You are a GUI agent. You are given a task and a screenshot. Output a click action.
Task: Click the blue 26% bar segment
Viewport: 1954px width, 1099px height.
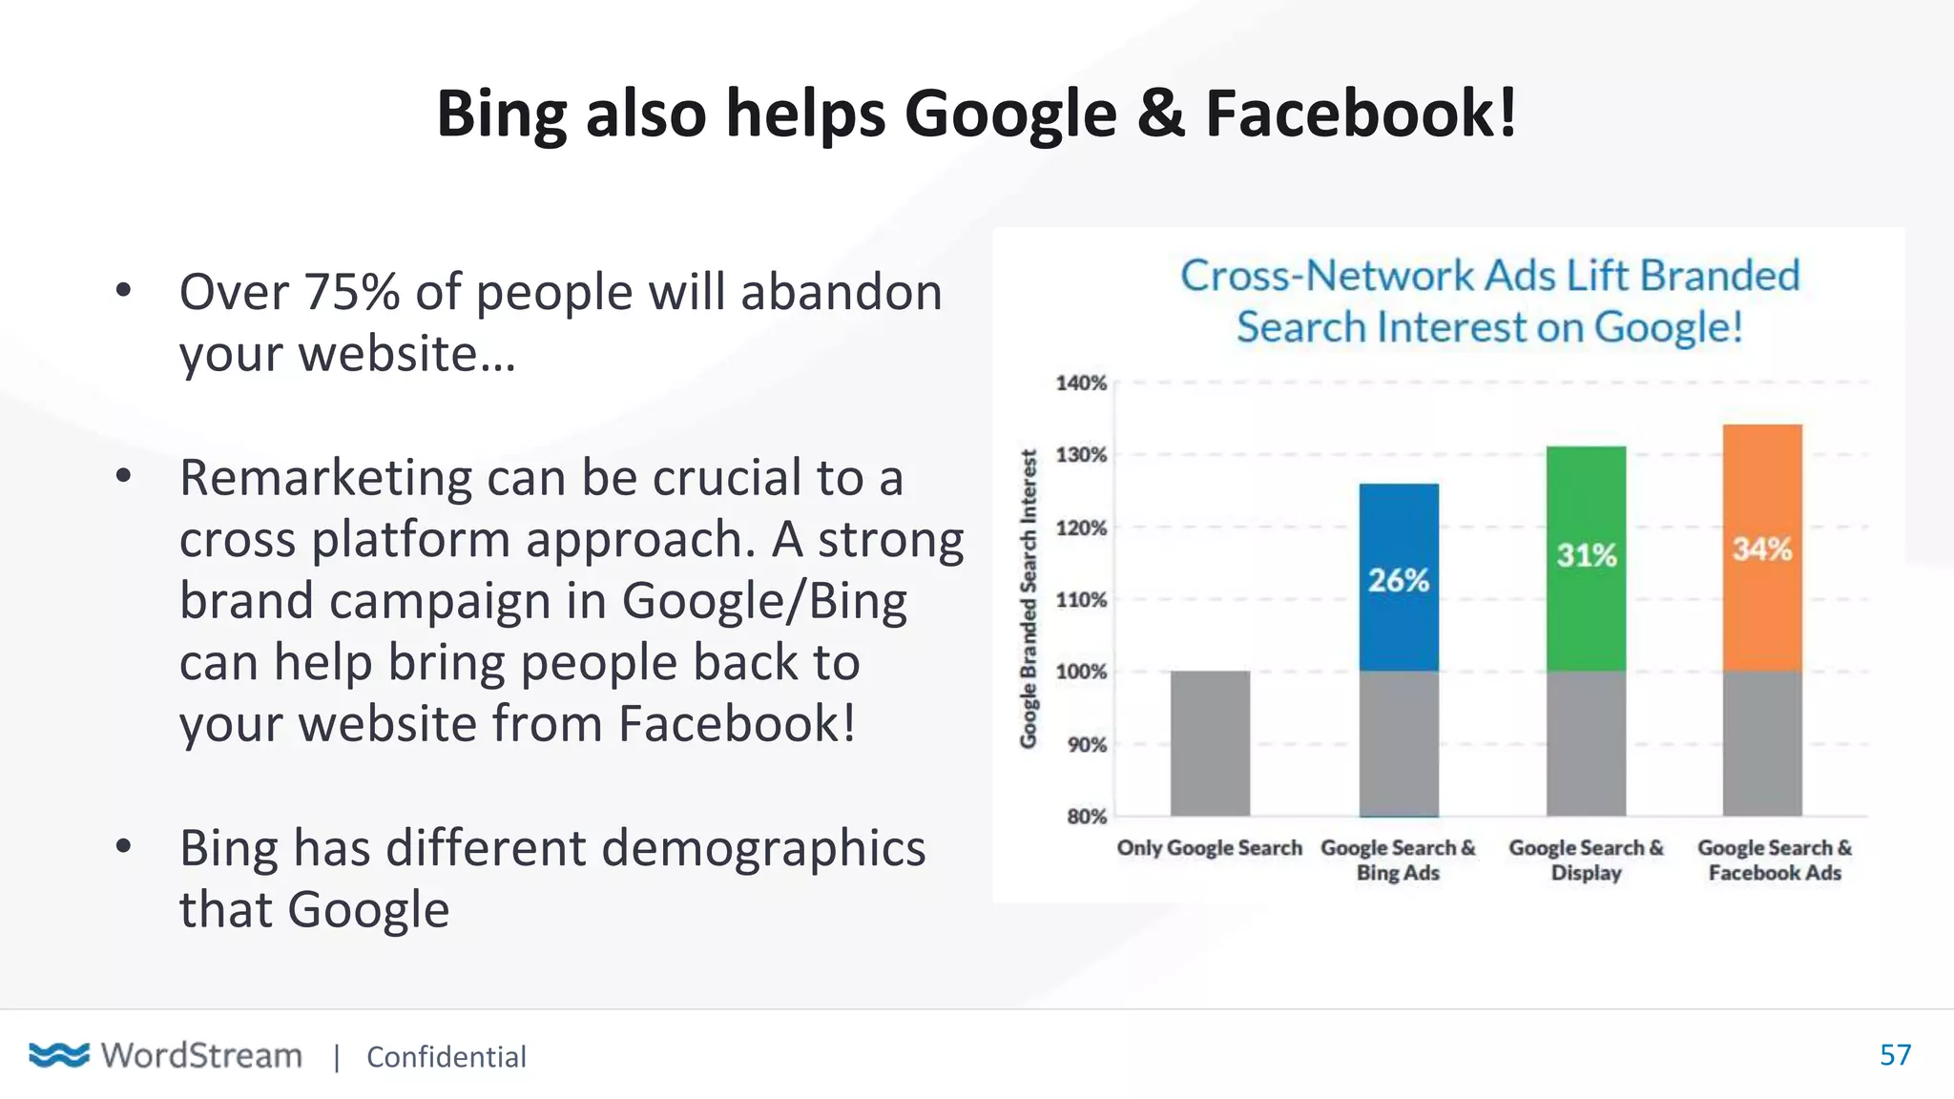1399,577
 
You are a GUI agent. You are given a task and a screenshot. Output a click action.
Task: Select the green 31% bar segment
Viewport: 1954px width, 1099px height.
1586,558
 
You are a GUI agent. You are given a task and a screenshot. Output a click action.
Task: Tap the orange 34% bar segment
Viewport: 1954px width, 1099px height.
1762,548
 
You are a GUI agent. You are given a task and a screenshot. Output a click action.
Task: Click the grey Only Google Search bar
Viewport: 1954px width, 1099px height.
1210,743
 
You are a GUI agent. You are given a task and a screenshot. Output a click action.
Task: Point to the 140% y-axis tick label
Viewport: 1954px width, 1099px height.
1081,384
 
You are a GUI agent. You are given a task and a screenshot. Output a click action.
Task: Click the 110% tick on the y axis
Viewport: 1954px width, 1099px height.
1081,600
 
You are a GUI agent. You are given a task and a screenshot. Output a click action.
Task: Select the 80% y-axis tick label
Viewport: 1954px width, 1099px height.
1086,817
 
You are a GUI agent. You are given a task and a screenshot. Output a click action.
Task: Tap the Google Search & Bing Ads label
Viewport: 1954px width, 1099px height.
1398,860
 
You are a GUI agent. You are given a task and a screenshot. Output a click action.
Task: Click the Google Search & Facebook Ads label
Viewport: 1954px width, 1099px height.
1775,860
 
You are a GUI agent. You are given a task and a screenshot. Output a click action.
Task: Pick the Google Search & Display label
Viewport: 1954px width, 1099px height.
1586,860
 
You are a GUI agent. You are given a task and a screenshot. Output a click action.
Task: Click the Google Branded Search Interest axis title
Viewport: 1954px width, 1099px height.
1029,599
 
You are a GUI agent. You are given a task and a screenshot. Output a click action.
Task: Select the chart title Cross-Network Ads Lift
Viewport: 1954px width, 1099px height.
1489,301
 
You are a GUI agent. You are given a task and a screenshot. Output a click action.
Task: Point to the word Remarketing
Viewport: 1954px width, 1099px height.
325,478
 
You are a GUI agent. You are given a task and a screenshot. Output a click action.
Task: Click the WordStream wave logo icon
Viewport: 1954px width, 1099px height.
59,1055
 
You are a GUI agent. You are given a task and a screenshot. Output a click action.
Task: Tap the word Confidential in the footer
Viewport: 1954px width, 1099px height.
446,1057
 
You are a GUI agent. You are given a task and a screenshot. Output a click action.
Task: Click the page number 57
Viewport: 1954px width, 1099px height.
1895,1055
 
